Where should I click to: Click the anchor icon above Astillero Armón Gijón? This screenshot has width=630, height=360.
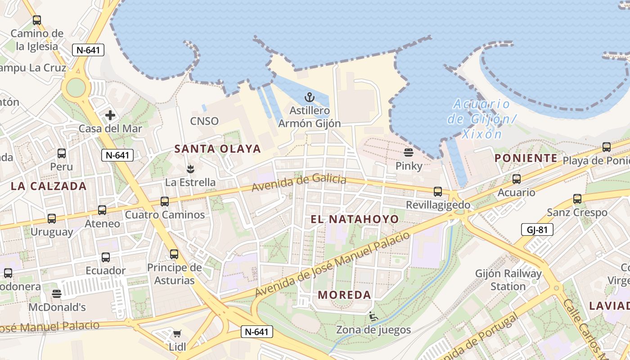309,97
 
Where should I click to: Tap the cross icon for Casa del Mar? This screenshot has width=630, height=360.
110,116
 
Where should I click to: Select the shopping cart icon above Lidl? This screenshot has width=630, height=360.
177,333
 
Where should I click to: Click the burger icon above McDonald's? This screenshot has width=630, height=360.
57,294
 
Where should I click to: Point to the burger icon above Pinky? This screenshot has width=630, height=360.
409,152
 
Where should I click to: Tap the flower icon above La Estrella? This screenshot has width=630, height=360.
190,169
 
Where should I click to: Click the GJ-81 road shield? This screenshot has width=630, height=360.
537,230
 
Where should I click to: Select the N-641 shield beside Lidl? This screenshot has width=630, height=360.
257,332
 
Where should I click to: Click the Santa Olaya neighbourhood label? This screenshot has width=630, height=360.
217,149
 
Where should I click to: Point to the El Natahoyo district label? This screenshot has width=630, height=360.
355,219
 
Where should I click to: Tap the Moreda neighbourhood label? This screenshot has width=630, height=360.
345,295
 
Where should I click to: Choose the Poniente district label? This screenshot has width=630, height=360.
526,158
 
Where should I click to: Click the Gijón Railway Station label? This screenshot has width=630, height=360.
508,280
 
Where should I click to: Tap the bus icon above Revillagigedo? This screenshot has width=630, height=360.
438,192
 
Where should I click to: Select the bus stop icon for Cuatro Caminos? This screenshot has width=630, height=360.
165,201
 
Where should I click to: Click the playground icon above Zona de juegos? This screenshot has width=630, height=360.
373,316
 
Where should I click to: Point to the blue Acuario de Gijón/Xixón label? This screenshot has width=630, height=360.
481,119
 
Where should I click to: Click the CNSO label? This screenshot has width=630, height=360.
204,121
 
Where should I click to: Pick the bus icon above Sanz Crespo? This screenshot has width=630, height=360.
577,198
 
